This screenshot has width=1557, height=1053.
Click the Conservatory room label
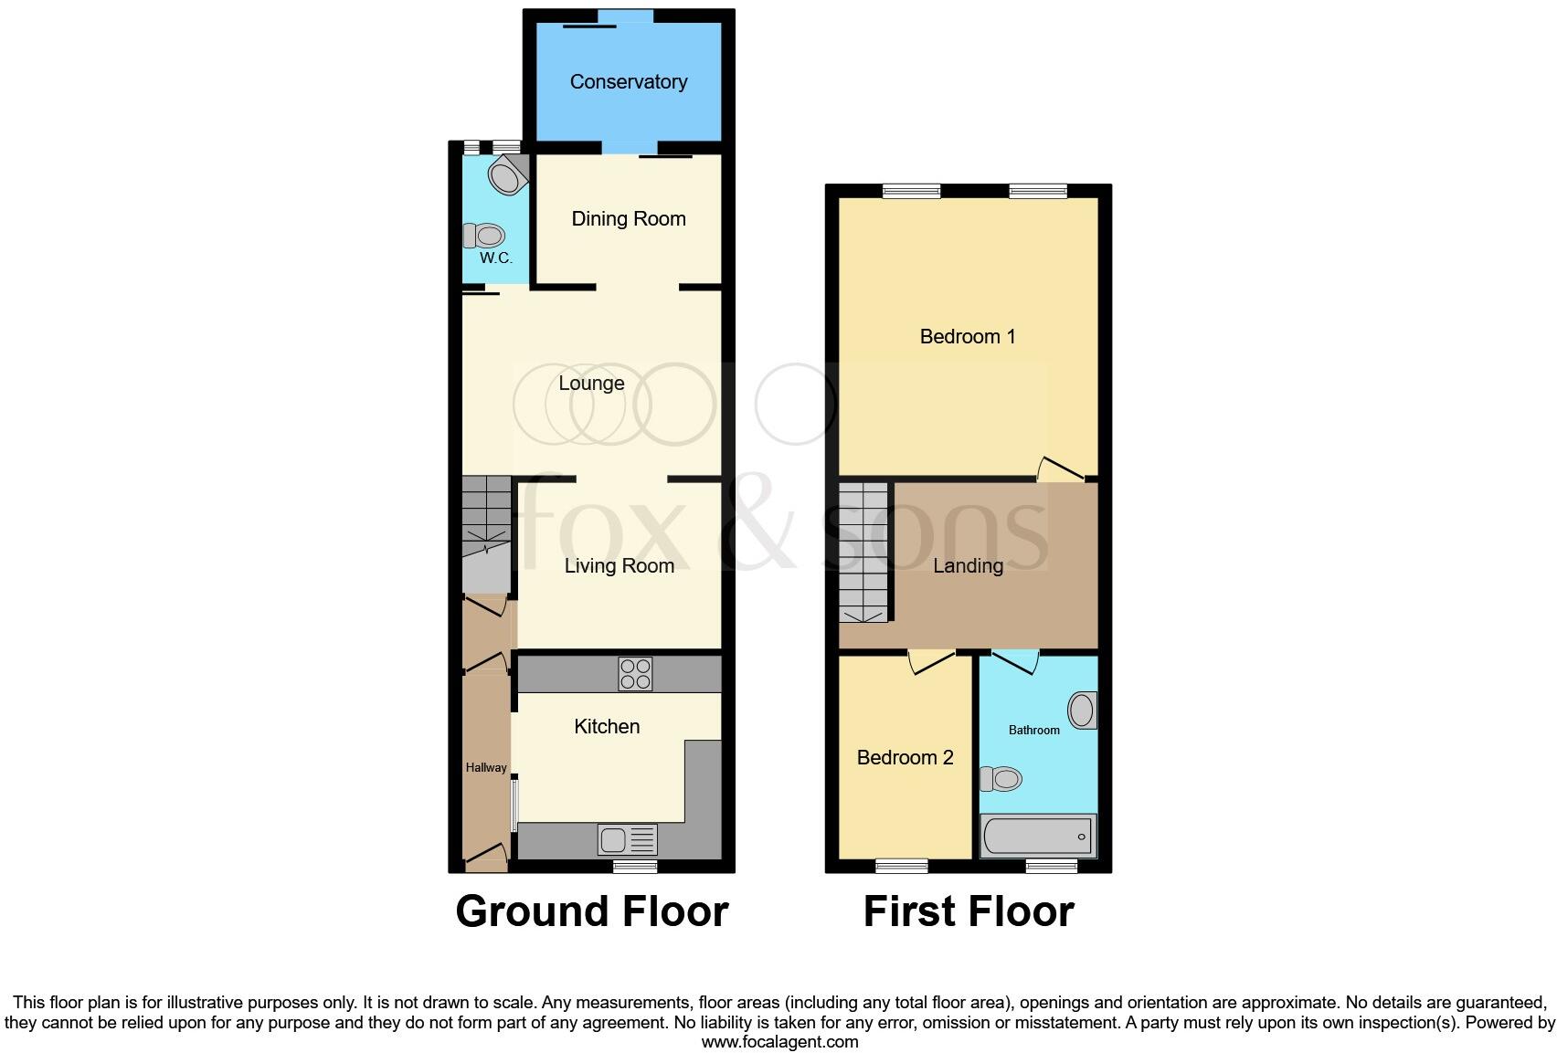pos(628,82)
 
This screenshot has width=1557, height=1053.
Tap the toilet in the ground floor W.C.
pos(485,236)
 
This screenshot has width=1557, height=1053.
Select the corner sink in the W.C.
pos(508,174)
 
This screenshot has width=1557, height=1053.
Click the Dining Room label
pos(628,219)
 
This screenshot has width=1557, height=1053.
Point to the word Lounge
pos(591,384)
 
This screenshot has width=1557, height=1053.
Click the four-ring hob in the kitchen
pos(636,674)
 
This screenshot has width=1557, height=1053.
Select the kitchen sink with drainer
pos(627,837)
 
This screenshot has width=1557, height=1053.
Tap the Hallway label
pos(486,768)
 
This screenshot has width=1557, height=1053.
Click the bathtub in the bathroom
pos(1037,836)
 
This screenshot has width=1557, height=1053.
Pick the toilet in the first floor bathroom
pos(1001,779)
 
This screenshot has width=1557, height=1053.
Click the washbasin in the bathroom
pos(1083,711)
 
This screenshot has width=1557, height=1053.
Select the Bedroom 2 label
pos(905,758)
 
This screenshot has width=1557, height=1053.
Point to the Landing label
pos(968,566)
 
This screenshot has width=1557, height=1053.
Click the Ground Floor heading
pos(591,911)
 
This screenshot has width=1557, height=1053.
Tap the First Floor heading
pos(968,911)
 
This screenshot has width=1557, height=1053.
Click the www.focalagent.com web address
pos(779,1042)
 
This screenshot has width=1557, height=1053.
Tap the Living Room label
pos(619,566)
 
